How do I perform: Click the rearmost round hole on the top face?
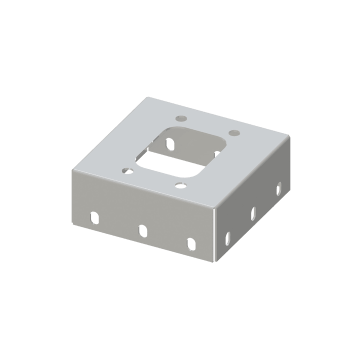click(x=181, y=118)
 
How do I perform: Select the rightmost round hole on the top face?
click(x=233, y=133)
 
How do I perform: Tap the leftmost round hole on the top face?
click(x=127, y=170)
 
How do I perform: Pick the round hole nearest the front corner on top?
click(x=180, y=185)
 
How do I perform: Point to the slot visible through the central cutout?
click(x=171, y=143)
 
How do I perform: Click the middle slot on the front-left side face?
click(x=142, y=230)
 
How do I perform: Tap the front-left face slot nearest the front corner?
click(x=190, y=243)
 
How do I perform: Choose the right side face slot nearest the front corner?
click(x=228, y=237)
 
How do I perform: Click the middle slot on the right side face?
click(x=253, y=213)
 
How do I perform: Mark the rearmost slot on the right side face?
click(x=278, y=189)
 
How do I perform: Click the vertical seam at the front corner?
click(x=214, y=235)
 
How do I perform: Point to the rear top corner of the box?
click(x=146, y=97)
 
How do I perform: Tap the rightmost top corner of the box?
click(x=290, y=139)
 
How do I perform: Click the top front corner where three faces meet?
click(x=215, y=209)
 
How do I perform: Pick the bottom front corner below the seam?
click(x=214, y=261)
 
